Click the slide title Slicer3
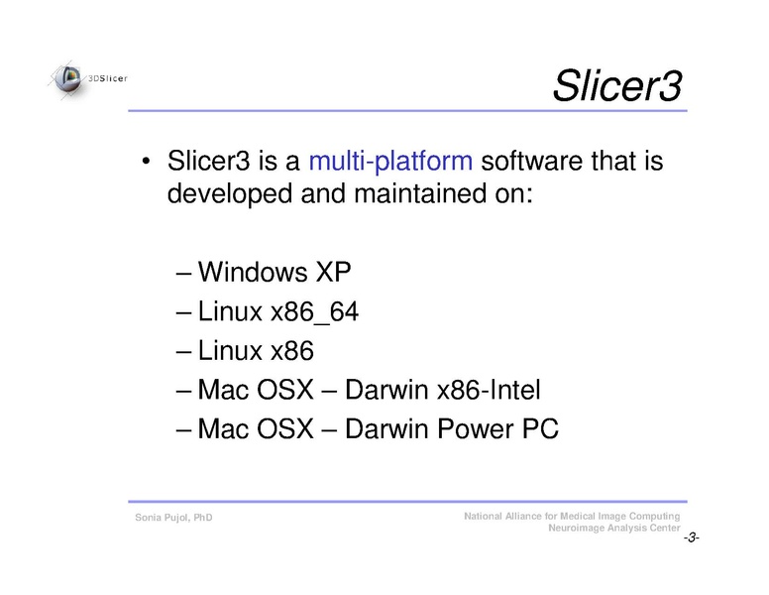tap(616, 86)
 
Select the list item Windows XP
tap(275, 272)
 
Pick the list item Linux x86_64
tap(278, 311)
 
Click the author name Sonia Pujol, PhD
tap(173, 519)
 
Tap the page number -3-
tap(691, 537)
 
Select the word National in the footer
tap(487, 517)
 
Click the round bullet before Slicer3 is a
tap(146, 163)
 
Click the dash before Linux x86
tap(184, 352)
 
